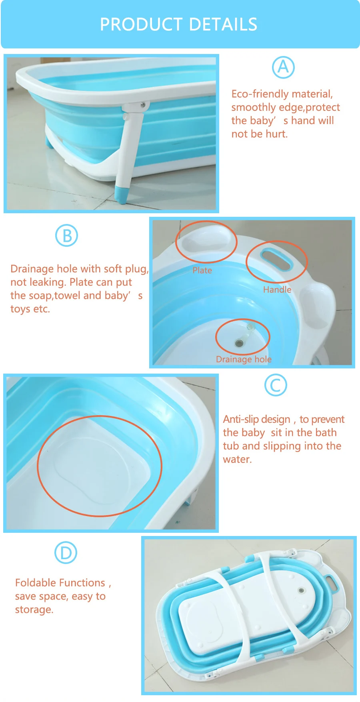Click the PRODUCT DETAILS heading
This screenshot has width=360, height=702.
coord(178,24)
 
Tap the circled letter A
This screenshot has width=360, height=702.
coord(283,67)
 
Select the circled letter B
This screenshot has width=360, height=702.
coord(66,236)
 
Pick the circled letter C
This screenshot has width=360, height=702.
coord(276,385)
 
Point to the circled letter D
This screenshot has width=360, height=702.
coord(66,553)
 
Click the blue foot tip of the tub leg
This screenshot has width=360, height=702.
coord(121,194)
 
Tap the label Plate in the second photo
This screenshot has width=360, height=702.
coord(202,270)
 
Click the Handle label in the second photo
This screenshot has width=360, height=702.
coord(277,290)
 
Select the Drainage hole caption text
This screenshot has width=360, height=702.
coord(244,359)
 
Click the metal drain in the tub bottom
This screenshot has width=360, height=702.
coord(240,343)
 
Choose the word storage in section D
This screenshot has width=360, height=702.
coord(34,610)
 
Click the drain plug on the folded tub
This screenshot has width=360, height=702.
coord(301,590)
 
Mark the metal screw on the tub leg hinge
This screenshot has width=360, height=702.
coord(142,105)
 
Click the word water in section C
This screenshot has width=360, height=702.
coord(237,460)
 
